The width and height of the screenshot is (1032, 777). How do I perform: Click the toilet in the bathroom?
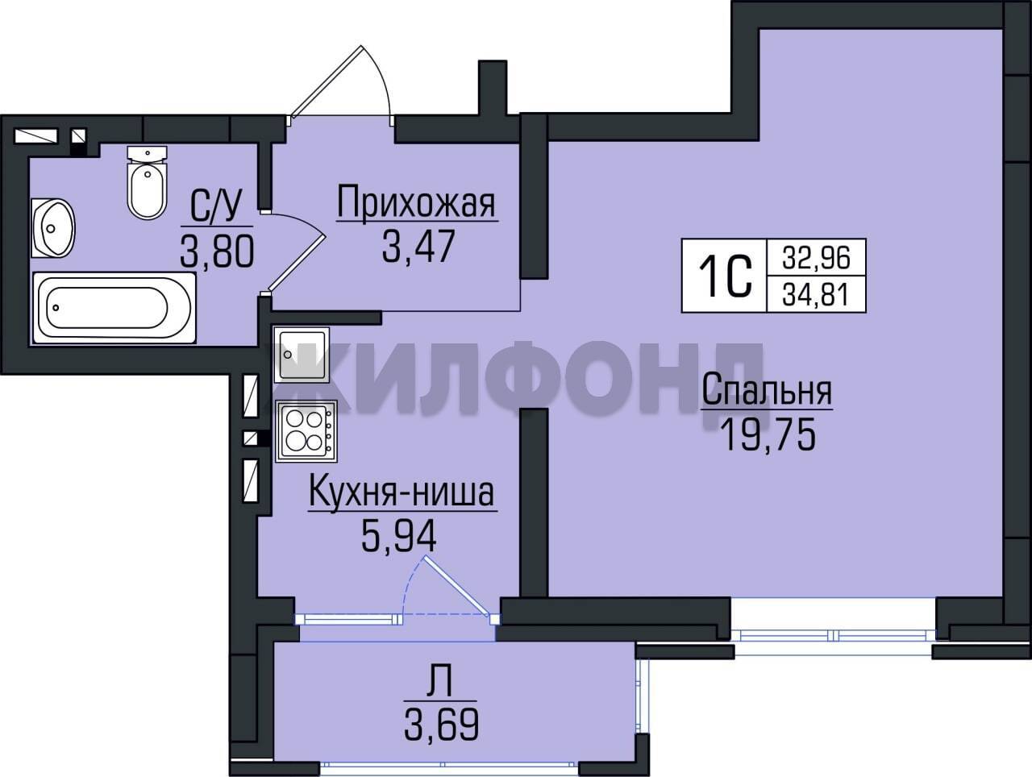pyautogui.click(x=148, y=181)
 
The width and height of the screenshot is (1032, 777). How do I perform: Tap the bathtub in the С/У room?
pyautogui.click(x=114, y=308)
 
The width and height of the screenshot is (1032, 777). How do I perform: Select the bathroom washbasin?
pyautogui.click(x=53, y=228)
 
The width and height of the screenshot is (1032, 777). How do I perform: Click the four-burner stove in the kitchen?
pyautogui.click(x=306, y=431)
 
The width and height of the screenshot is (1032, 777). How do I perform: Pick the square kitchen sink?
pyautogui.click(x=302, y=355)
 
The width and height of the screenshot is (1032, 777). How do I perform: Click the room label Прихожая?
pyautogui.click(x=416, y=203)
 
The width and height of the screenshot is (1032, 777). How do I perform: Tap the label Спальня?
pyautogui.click(x=767, y=391)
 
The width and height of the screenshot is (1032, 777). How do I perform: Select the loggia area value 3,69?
pyautogui.click(x=441, y=724)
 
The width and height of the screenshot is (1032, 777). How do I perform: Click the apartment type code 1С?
pyautogui.click(x=725, y=276)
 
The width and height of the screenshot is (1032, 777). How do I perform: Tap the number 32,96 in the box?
pyautogui.click(x=816, y=258)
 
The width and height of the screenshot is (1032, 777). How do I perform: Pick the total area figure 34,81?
pyautogui.click(x=816, y=295)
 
